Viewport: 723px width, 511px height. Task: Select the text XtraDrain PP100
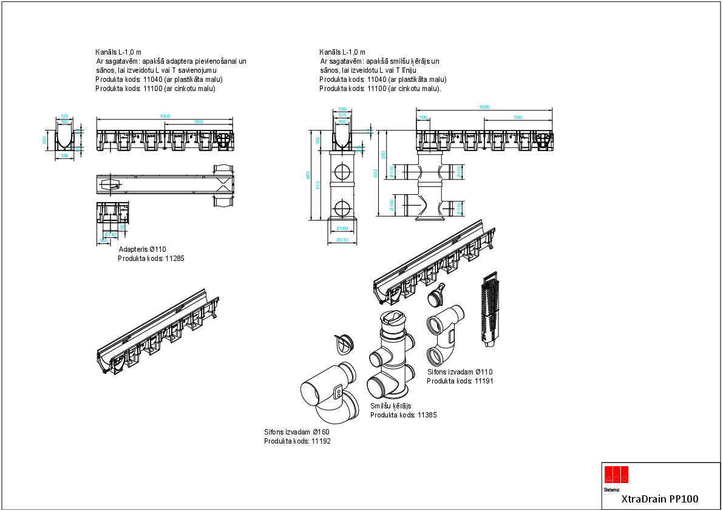pyautogui.click(x=660, y=499)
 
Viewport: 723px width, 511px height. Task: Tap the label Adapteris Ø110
pyautogui.click(x=142, y=249)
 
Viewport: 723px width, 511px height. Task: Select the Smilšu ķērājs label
pyautogui.click(x=391, y=406)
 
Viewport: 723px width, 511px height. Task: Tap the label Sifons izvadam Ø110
pyautogui.click(x=460, y=372)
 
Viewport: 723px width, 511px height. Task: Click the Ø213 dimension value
pyautogui.click(x=343, y=240)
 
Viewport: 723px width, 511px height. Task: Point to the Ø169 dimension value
pyautogui.click(x=343, y=229)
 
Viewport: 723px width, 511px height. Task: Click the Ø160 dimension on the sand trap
pyautogui.click(x=392, y=206)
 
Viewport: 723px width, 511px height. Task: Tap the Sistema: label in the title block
pyautogui.click(x=612, y=489)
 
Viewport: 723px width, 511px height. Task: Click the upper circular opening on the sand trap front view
pyautogui.click(x=343, y=171)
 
